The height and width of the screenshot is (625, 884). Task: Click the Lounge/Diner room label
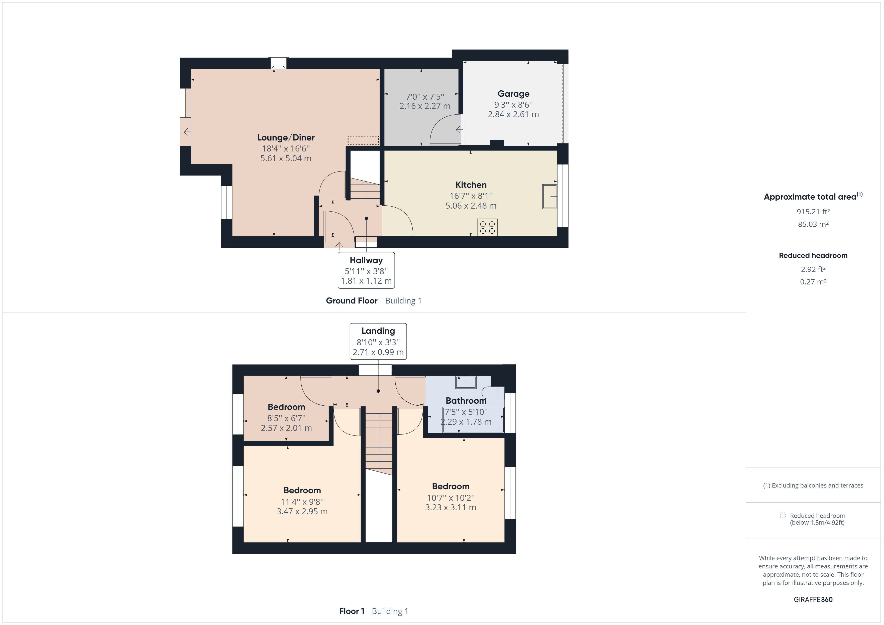pos(286,137)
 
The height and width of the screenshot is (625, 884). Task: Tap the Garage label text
pos(513,93)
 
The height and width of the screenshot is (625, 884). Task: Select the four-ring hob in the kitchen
pos(487,227)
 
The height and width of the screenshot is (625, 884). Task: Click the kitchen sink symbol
pos(549,197)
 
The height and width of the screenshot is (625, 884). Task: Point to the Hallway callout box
pos(366,270)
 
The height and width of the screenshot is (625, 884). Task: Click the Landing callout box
pos(378,341)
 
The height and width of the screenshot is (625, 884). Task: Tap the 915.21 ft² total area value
pos(813,212)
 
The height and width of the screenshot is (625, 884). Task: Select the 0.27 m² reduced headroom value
pos(813,282)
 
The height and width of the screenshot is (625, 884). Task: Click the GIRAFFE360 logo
pos(813,599)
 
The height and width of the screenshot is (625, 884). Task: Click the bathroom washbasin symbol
pos(466,382)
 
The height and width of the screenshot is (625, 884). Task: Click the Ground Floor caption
pos(352,300)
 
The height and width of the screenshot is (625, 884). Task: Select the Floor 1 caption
pos(352,611)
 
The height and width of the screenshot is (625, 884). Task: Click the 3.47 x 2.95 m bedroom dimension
pos(302,512)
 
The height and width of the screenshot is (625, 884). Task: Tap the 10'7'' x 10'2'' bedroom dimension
pos(451,498)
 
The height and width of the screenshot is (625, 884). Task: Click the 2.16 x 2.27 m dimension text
pos(425,106)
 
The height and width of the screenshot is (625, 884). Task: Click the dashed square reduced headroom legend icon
pos(782,515)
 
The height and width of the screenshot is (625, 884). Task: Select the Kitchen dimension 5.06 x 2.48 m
pos(471,206)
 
